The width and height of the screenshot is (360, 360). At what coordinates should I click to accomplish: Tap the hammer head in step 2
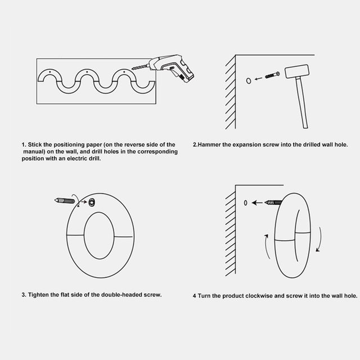(x=297, y=71)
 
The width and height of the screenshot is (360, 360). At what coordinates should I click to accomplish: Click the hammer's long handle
(x=301, y=103)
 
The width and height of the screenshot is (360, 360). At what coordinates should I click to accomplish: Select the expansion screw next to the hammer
(x=272, y=75)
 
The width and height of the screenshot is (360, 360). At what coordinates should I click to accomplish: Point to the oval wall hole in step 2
(x=249, y=80)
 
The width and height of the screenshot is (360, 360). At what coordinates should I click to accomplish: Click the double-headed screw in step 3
(x=65, y=201)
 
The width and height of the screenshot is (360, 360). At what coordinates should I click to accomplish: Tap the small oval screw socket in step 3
(x=92, y=202)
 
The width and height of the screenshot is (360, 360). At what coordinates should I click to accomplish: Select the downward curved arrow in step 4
(x=320, y=239)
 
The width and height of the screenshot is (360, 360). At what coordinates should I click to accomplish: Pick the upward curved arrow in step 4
(x=266, y=247)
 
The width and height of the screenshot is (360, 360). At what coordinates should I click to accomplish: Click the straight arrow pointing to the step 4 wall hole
(x=257, y=202)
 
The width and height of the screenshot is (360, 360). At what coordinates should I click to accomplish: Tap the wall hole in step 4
(x=245, y=202)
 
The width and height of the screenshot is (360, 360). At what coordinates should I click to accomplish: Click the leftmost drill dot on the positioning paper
(x=50, y=72)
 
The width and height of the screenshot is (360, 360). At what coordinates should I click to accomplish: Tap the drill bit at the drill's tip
(x=140, y=67)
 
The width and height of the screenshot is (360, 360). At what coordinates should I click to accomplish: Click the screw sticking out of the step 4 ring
(x=273, y=202)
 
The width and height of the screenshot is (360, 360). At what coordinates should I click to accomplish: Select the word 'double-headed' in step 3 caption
(x=121, y=295)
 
